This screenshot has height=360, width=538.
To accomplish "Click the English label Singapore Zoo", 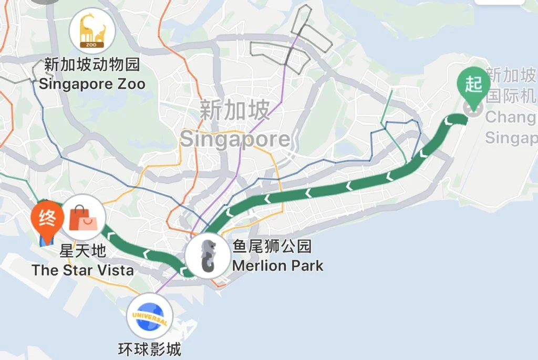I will point(92,84).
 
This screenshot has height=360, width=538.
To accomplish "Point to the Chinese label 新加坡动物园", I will point(92,65).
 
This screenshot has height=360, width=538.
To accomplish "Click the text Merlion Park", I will point(277,265).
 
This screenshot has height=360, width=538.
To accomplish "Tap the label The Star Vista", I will point(82,271).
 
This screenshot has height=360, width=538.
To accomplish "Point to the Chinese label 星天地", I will point(82,251).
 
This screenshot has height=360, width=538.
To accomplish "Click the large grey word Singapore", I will point(235,139).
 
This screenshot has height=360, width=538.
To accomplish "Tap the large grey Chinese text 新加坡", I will point(234,110).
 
